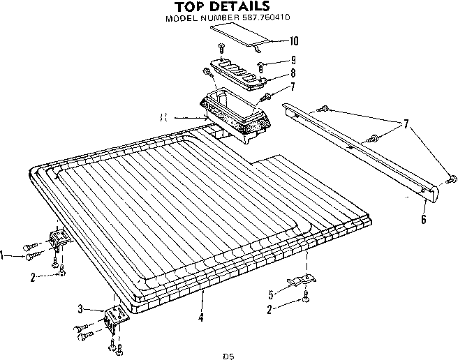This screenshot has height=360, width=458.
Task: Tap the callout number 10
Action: pos(293,40)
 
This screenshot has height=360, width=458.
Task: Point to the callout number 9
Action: pos(294,61)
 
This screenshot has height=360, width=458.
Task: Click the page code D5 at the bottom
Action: pos(228,356)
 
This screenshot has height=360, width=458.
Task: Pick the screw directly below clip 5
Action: pos(306,301)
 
